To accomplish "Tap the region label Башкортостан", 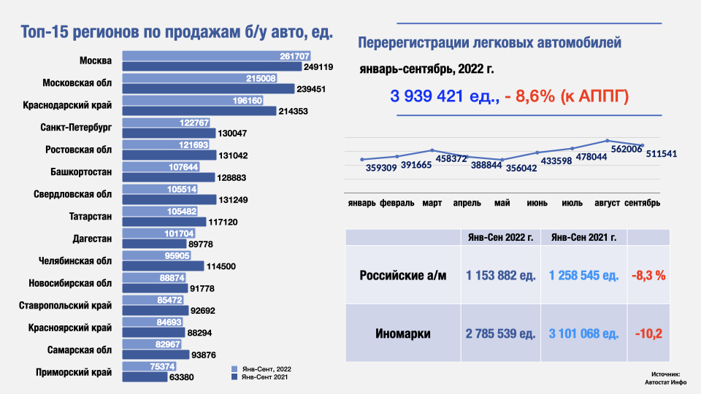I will (81, 172).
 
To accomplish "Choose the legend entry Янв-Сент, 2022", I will (264, 369).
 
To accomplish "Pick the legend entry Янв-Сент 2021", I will (263, 378).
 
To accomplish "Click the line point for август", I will (608, 141).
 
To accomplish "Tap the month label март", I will (432, 203).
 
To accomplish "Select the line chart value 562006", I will (627, 149).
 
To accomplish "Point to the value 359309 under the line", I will (382, 167).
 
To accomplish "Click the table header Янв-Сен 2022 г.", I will (500, 236).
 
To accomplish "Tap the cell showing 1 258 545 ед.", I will (584, 276).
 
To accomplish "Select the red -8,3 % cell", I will (649, 276).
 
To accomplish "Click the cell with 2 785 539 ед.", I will (500, 334).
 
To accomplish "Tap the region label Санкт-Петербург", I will (76, 128).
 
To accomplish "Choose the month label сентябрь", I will (643, 203).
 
